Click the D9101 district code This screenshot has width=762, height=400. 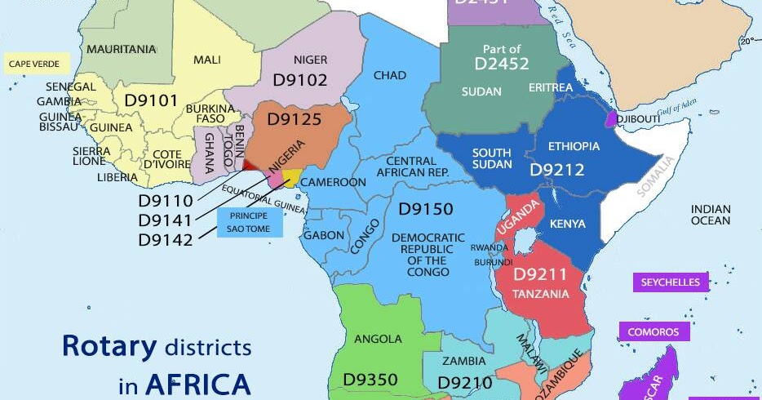click(151, 100)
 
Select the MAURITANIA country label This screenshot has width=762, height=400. click(121, 49)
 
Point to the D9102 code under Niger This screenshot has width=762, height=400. click(299, 80)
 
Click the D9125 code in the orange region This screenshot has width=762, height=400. click(295, 119)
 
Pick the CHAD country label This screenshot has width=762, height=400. click(389, 75)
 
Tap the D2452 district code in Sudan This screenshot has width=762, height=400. click(502, 64)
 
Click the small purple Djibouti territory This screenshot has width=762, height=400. click(610, 119)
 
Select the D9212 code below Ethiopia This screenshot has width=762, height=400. click(557, 169)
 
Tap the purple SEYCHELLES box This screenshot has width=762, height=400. click(670, 282)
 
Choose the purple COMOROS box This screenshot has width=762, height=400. click(653, 332)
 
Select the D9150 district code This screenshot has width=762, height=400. click(425, 210)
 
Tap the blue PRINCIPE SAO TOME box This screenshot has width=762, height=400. click(250, 222)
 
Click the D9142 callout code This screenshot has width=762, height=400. click(166, 240)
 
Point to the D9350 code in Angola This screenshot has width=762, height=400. click(370, 380)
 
